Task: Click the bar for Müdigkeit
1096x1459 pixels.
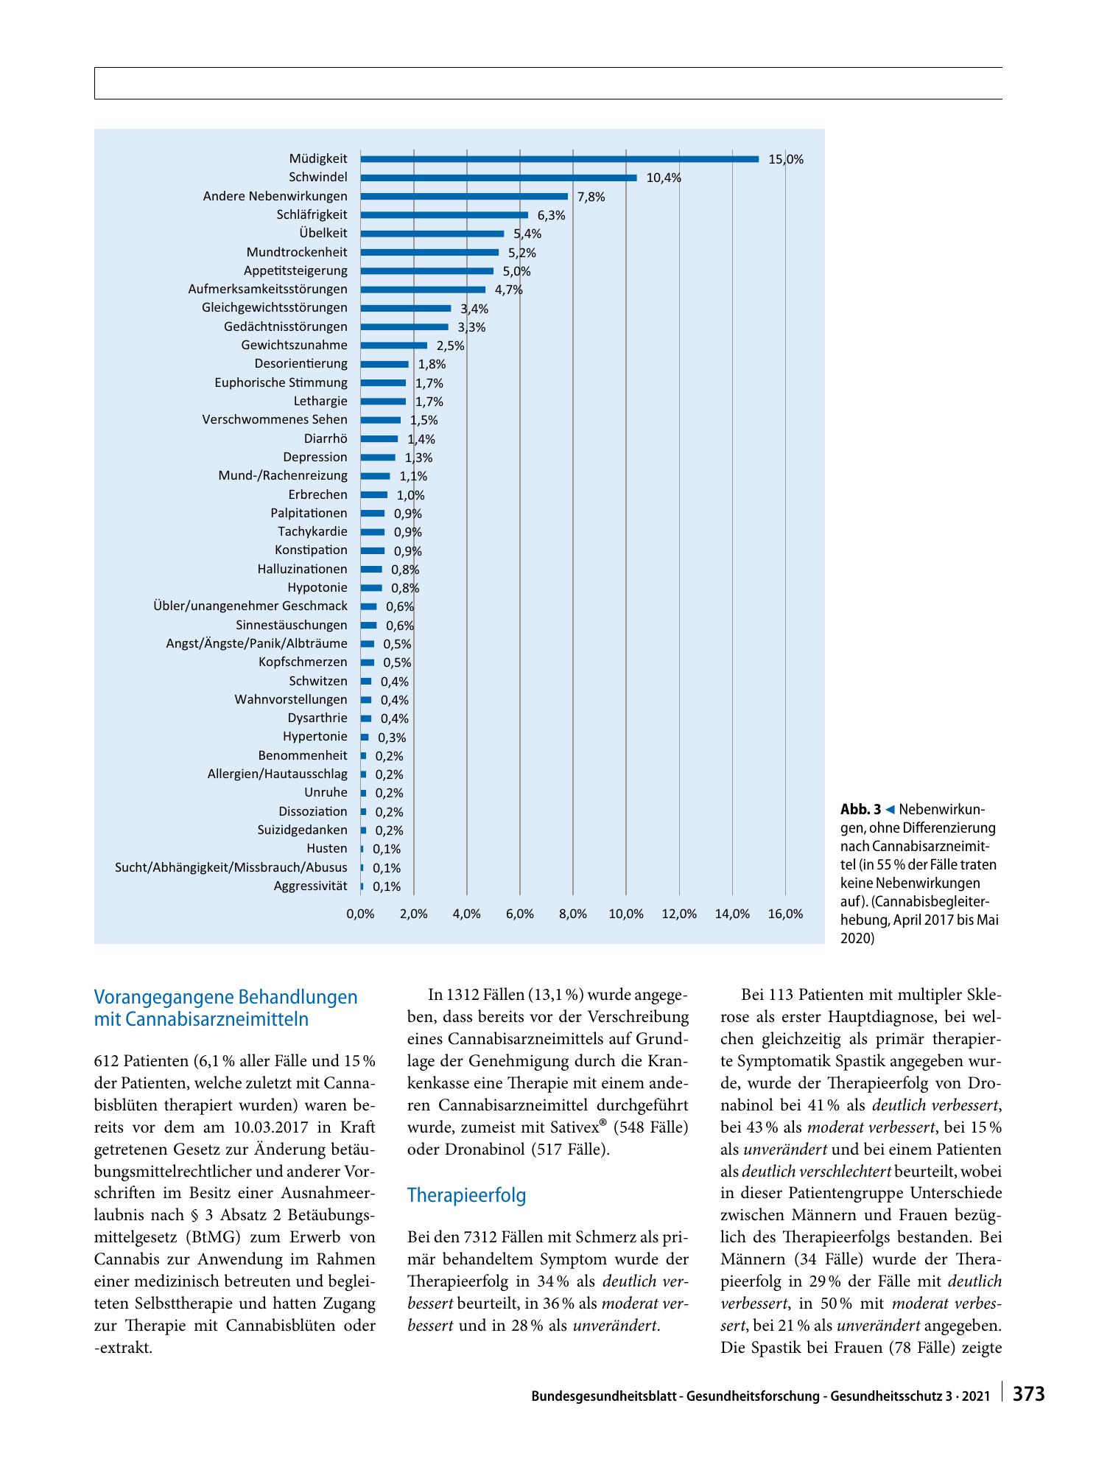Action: pyautogui.click(x=560, y=158)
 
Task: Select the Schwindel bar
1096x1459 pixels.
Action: pyautogui.click(x=499, y=178)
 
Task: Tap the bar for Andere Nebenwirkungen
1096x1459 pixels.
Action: pyautogui.click(x=464, y=196)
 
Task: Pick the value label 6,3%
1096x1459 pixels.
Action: pyautogui.click(x=551, y=215)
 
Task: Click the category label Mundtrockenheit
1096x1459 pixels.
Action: pyautogui.click(x=297, y=252)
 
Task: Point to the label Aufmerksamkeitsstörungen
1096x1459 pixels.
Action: pyautogui.click(x=267, y=289)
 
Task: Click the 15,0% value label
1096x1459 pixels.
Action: pyautogui.click(x=786, y=159)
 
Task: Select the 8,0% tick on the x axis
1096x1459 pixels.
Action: pyautogui.click(x=573, y=914)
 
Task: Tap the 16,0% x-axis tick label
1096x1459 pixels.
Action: pyautogui.click(x=785, y=914)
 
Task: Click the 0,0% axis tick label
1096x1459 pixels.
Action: pyautogui.click(x=360, y=914)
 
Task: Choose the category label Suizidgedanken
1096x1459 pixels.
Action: pyautogui.click(x=302, y=830)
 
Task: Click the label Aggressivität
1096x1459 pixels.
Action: pyautogui.click(x=310, y=886)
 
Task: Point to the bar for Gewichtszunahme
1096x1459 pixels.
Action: pyautogui.click(x=394, y=346)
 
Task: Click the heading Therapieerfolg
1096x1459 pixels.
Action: pyautogui.click(x=466, y=1195)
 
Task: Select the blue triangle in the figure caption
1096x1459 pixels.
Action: pyautogui.click(x=890, y=810)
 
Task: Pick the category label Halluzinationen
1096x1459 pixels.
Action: pyautogui.click(x=302, y=569)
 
